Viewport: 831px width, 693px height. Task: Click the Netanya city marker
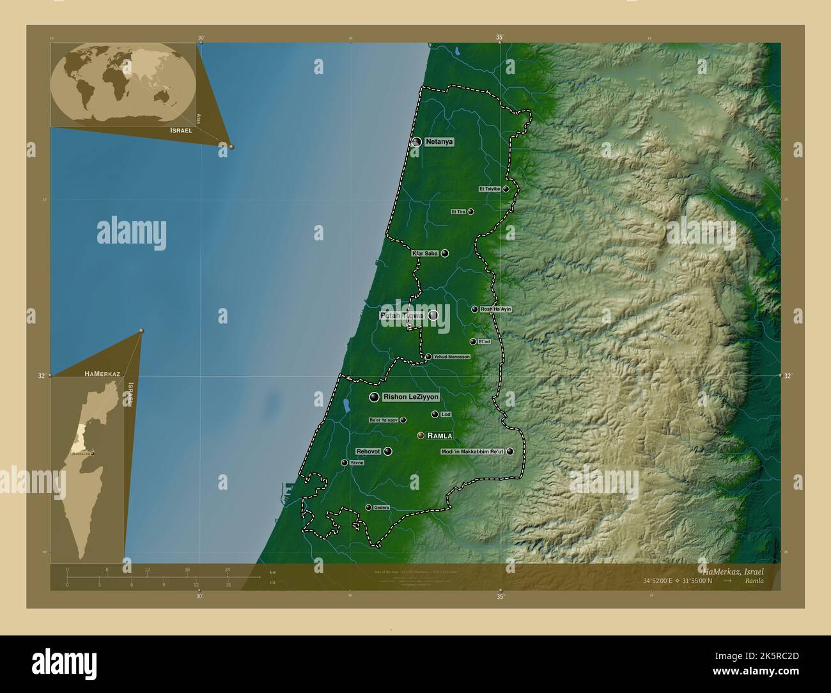(417, 142)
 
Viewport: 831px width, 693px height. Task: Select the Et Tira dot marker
(470, 212)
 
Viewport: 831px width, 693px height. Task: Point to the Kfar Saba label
(425, 254)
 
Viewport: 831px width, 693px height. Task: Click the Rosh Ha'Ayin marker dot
(474, 309)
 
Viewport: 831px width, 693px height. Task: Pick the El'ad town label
(484, 341)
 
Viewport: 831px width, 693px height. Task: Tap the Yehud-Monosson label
(451, 357)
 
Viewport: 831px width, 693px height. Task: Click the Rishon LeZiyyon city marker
(374, 398)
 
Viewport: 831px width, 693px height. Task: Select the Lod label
(446, 415)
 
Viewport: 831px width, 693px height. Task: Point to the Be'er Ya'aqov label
(384, 420)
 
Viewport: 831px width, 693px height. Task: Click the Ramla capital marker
(421, 435)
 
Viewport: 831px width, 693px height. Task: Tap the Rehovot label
(368, 451)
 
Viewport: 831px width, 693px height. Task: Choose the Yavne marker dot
(344, 462)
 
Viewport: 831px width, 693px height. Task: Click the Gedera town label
(381, 508)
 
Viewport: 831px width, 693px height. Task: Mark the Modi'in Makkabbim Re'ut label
(473, 451)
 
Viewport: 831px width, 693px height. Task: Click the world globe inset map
(123, 84)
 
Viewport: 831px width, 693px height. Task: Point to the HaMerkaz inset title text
(102, 372)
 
